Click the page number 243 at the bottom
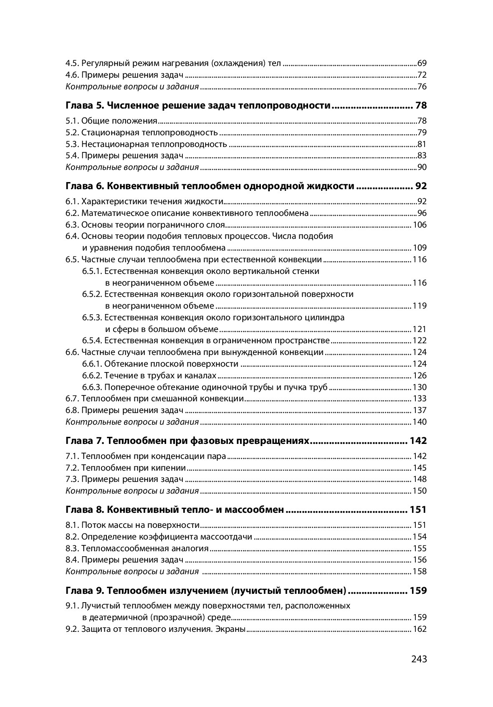[x=419, y=659]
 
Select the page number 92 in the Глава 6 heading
[x=420, y=186]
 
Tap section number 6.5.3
[x=92, y=317]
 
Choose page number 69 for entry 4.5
[x=422, y=64]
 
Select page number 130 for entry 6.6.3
[x=420, y=387]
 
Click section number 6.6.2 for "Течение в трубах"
[x=92, y=375]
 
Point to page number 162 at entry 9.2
[x=420, y=629]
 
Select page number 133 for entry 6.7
[x=420, y=398]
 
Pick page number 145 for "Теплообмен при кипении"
[x=420, y=468]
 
